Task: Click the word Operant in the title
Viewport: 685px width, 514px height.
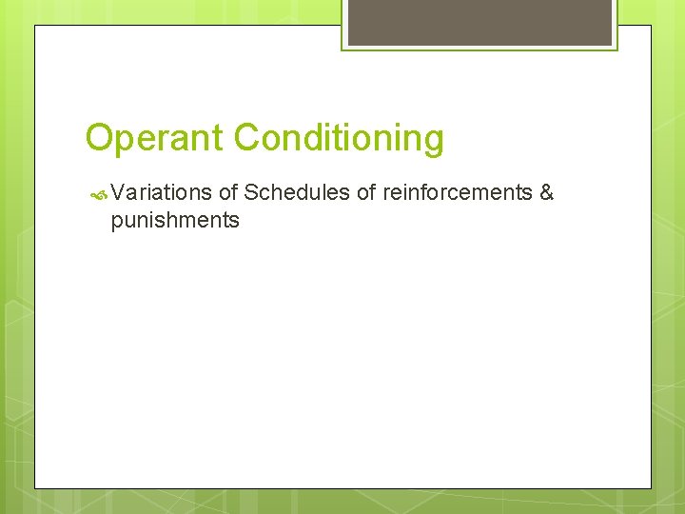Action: click(x=155, y=139)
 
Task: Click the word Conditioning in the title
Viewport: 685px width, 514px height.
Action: click(x=339, y=139)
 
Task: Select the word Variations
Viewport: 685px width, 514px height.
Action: click(x=161, y=193)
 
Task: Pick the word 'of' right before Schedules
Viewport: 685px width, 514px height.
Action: click(x=228, y=193)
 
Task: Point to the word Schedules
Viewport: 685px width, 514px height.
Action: click(x=297, y=193)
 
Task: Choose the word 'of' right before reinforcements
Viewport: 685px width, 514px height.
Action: click(x=366, y=193)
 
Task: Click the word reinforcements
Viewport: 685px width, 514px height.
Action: click(x=457, y=193)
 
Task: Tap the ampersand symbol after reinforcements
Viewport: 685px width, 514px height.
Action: click(x=546, y=193)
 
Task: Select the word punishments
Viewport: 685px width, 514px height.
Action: click(x=175, y=222)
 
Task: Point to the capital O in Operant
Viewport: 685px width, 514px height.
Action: click(x=98, y=139)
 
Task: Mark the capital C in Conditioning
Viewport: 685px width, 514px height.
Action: click(x=246, y=139)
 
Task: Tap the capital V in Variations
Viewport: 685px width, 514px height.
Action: click(x=118, y=193)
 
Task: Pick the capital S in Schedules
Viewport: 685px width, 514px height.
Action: click(x=251, y=193)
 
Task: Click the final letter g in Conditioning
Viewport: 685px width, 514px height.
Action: click(x=434, y=141)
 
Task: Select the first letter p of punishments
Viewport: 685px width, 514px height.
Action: click(x=117, y=224)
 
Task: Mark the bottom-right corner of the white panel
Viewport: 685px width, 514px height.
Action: click(x=651, y=488)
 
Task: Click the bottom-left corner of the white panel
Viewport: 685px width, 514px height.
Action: click(x=35, y=488)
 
